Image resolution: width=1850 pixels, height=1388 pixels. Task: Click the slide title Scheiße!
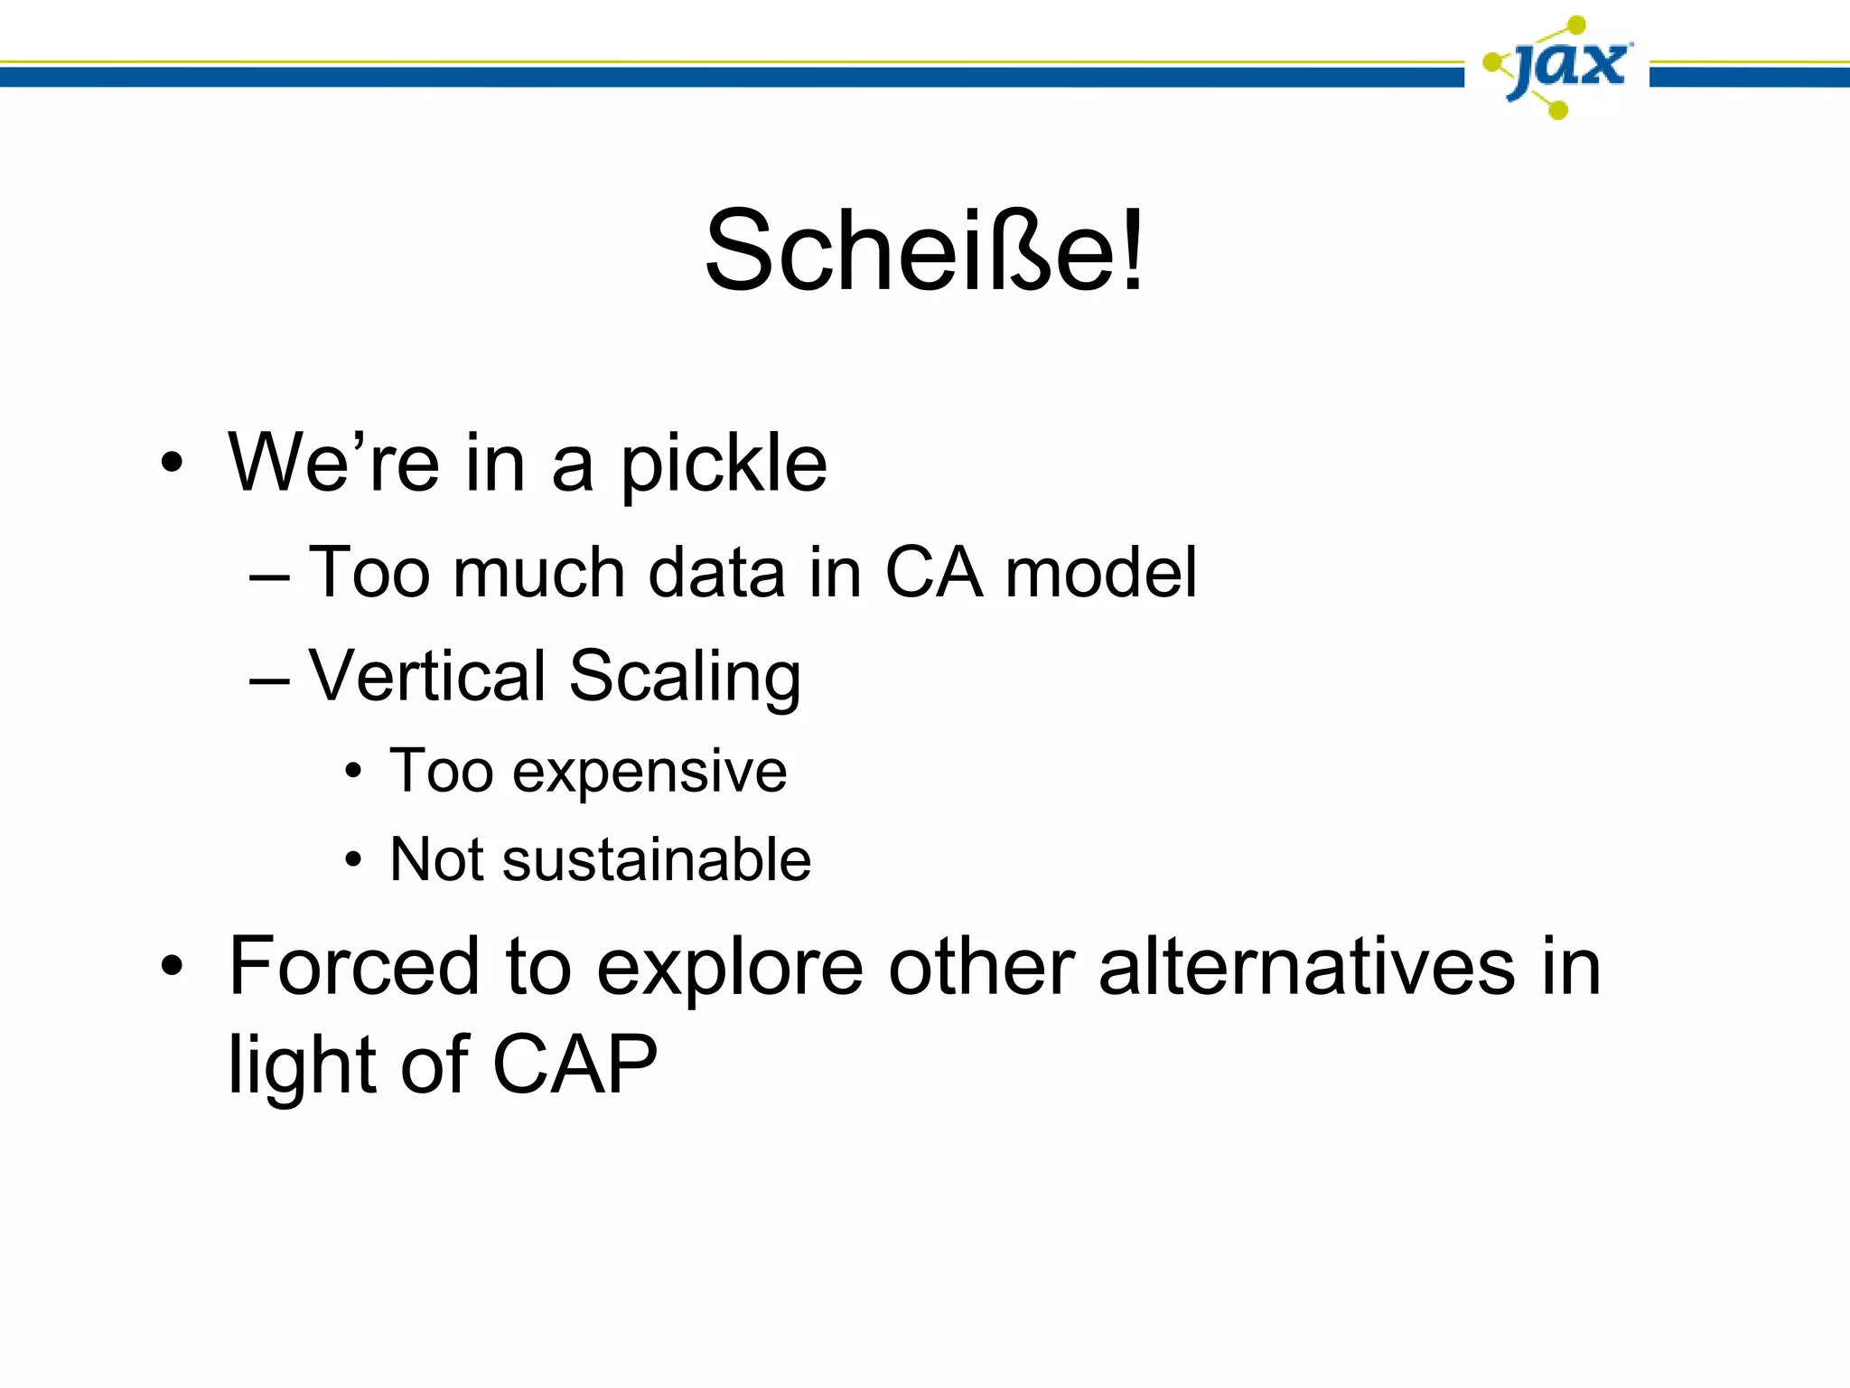924,250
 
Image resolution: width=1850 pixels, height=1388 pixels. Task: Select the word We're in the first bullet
332,462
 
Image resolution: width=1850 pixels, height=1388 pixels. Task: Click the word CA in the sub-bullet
933,573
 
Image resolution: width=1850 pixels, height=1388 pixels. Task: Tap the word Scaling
686,678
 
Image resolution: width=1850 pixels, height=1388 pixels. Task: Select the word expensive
649,774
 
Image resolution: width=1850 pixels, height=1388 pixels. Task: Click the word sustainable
657,859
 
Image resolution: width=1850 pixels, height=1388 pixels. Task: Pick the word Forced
353,967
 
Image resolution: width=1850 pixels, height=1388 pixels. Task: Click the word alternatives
1305,967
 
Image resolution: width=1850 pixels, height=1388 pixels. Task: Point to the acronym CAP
575,1065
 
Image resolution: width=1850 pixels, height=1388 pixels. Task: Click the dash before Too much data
269,577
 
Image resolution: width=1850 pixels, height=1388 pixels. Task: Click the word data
716,573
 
